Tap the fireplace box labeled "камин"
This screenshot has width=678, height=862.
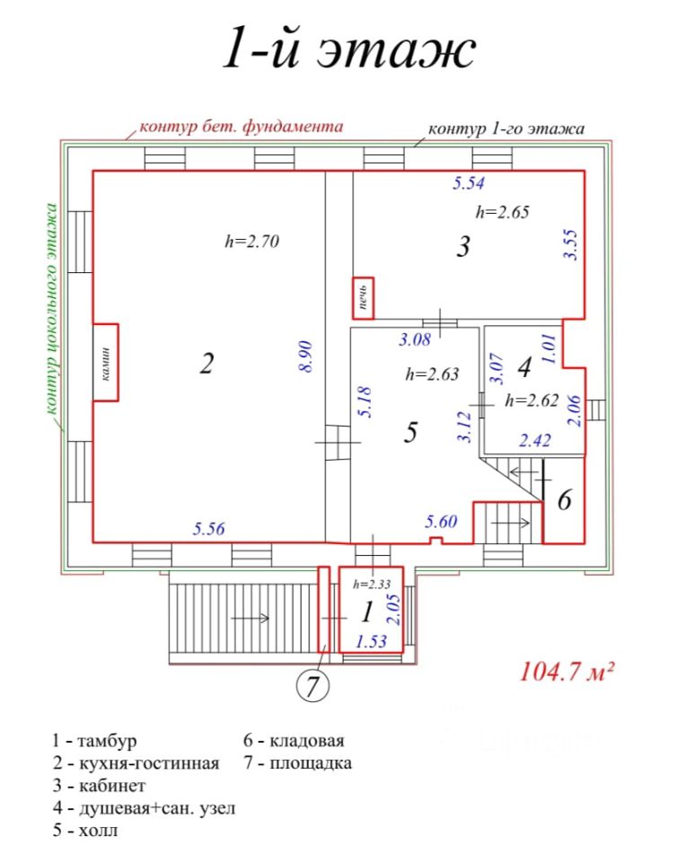(x=106, y=363)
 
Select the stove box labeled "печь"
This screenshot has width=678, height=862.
(x=363, y=297)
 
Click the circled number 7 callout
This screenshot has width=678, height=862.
(x=311, y=688)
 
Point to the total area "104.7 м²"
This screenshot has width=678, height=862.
(x=566, y=672)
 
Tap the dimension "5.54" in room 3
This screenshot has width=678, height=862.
(x=469, y=184)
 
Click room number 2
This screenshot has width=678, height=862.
(x=207, y=364)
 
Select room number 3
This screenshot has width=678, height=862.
(x=463, y=246)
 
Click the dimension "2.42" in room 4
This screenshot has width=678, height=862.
(x=534, y=440)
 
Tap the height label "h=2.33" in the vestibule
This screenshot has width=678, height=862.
(x=370, y=581)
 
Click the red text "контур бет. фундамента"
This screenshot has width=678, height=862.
(x=241, y=127)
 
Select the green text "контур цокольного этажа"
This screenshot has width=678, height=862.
(x=51, y=309)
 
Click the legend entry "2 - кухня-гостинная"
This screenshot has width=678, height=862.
(x=136, y=764)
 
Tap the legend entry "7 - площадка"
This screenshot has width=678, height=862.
(x=297, y=764)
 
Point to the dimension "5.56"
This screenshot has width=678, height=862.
(x=209, y=529)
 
